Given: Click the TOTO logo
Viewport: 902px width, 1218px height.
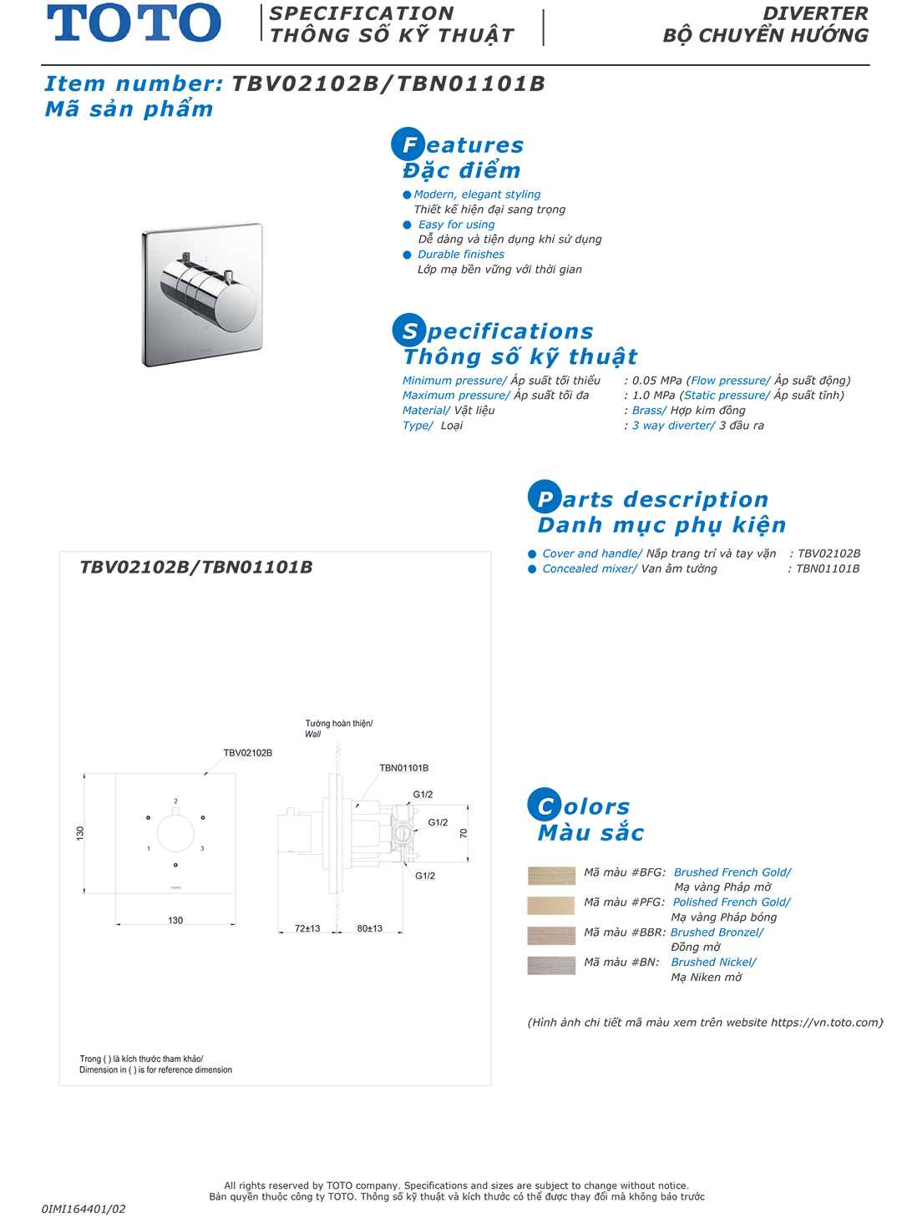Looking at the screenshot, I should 134,23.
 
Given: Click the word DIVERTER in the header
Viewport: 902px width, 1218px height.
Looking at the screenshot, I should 815,13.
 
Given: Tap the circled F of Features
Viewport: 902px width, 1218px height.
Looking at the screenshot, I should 408,144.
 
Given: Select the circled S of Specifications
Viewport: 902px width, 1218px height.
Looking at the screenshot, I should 409,331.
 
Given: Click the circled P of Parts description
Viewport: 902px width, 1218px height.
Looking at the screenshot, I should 545,498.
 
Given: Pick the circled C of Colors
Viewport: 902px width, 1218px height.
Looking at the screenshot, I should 545,806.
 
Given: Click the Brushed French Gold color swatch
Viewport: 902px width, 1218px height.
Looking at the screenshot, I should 551,876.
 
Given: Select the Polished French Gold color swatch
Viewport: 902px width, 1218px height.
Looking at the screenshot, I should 551,906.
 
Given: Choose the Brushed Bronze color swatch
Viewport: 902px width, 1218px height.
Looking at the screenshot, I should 551,936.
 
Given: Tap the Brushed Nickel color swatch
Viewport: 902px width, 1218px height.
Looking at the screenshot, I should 551,966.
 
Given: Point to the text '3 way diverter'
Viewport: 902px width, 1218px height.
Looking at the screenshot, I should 673,426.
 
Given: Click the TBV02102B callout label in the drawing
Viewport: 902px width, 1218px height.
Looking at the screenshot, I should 248,753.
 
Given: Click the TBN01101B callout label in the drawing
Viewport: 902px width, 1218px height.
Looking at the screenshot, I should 403,768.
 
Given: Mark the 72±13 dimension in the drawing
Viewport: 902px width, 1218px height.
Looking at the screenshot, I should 307,928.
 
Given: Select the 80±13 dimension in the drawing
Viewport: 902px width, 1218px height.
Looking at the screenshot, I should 369,928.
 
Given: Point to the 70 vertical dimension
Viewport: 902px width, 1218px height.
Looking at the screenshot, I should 464,833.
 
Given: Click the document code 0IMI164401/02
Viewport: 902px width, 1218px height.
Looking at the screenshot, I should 84,1209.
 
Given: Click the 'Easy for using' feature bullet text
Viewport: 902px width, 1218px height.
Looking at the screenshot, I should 456,225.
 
